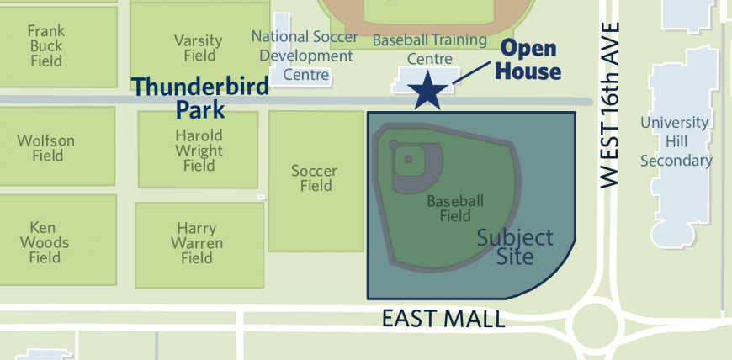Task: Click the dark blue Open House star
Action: pyautogui.click(x=429, y=90)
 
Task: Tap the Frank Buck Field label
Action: pyautogui.click(x=46, y=46)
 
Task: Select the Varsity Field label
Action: pyautogui.click(x=198, y=48)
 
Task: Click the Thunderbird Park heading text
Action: pyautogui.click(x=199, y=97)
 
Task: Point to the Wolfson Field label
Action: pyautogui.click(x=47, y=148)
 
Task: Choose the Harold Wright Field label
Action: pyautogui.click(x=199, y=150)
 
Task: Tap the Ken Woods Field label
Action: pyautogui.click(x=47, y=242)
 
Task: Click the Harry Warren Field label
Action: pyautogui.click(x=200, y=243)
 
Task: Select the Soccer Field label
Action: pyautogui.click(x=314, y=178)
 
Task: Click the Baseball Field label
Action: pyautogui.click(x=455, y=208)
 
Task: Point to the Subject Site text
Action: pyautogui.click(x=515, y=246)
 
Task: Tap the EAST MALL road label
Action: pyautogui.click(x=443, y=319)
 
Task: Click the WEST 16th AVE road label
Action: pyautogui.click(x=611, y=104)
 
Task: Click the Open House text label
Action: pyautogui.click(x=528, y=61)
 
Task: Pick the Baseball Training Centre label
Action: pyautogui.click(x=429, y=49)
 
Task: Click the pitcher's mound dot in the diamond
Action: pyautogui.click(x=409, y=159)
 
